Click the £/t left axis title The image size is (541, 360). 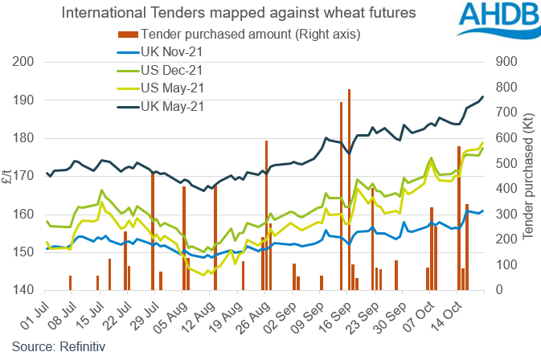point(9,176)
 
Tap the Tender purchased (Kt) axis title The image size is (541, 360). point(530,176)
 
